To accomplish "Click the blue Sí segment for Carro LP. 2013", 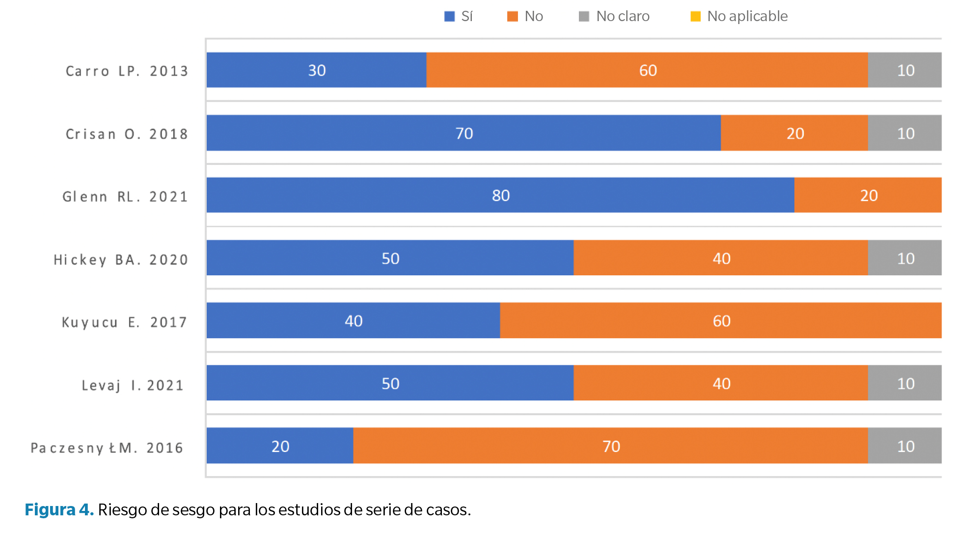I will coord(316,70).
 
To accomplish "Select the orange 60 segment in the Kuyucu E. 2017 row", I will coord(720,320).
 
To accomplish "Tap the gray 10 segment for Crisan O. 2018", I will coord(904,133).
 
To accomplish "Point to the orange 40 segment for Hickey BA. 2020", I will coord(720,258).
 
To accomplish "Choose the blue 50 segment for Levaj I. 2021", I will coord(390,383).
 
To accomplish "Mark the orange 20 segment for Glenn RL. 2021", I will coord(868,195).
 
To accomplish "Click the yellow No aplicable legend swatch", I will coord(695,17).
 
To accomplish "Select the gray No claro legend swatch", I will coord(584,17).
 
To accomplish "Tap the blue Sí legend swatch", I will coord(449,17).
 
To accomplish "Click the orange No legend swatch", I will coord(512,17).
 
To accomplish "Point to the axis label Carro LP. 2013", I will coord(127,71).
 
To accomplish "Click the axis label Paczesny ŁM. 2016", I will coord(107,448).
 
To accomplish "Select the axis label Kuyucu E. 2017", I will coord(124,322).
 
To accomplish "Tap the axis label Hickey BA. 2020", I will coord(121,260).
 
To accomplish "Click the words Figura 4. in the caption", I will coord(59,510).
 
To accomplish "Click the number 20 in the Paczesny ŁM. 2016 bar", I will coord(280,446).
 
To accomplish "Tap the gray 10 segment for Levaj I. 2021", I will coord(904,383).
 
